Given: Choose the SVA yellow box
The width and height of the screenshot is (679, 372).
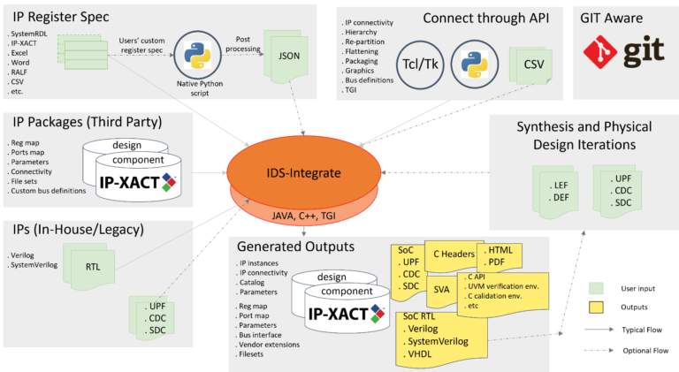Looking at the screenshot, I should click(x=442, y=288).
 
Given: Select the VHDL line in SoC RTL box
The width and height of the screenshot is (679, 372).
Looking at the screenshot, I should click(x=423, y=356).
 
